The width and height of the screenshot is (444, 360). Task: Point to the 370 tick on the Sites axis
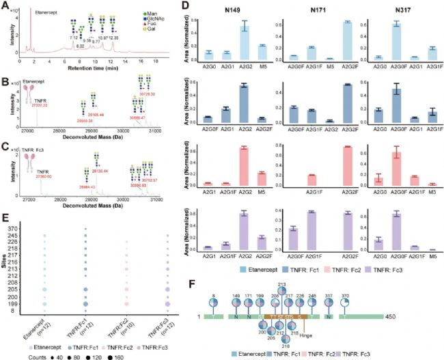click(24, 236)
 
